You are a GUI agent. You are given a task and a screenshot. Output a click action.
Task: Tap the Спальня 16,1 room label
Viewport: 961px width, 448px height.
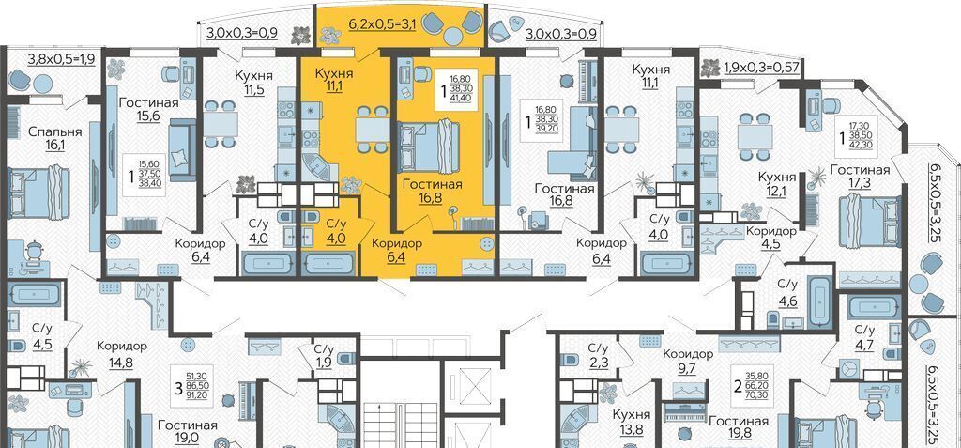pos(55,139)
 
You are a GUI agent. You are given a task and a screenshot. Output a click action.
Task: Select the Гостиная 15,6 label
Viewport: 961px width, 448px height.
pos(149,110)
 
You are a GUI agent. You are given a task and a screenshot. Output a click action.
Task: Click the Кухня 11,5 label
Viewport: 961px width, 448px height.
pos(254,83)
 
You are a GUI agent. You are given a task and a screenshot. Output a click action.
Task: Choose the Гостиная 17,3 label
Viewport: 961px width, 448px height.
pos(860,177)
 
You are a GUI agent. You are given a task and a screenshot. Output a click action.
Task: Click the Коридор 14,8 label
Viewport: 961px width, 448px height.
pos(122,353)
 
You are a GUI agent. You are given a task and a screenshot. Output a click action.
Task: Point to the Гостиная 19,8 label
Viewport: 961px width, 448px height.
pos(740,429)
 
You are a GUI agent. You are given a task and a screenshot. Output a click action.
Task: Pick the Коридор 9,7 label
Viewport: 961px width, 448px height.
pos(688,362)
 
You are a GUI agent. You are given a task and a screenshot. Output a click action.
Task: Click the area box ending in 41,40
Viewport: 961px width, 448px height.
pos(455,88)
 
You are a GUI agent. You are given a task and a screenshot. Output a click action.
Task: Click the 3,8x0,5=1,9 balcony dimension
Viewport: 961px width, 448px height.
pos(60,59)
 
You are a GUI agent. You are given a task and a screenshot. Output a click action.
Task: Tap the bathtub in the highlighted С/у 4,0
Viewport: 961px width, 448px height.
pos(329,263)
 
